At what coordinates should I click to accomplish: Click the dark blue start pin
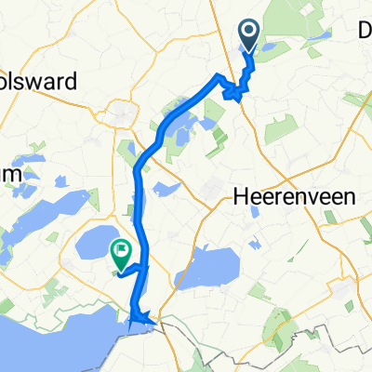click(250, 36)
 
